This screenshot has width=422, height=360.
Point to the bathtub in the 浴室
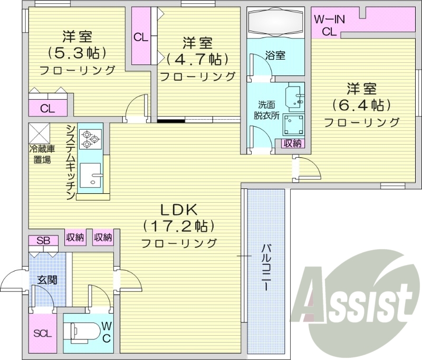click(275, 23)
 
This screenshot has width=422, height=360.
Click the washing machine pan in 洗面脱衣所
click(293, 125)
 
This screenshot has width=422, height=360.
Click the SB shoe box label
click(44, 241)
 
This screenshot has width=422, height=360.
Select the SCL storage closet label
click(43, 333)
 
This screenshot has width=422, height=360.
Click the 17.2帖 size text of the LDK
click(179, 226)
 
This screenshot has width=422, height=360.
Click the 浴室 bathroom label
click(275, 55)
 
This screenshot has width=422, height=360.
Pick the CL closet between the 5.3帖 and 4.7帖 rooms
click(140, 37)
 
